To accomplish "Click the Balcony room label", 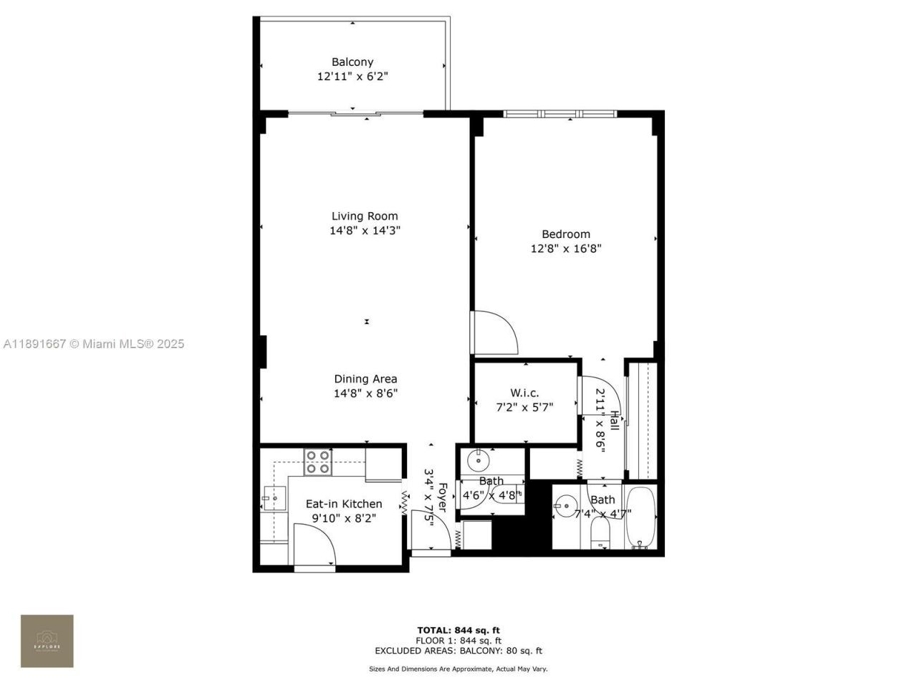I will point(352,62).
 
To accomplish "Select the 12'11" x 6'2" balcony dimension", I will point(352,76).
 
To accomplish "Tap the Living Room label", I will point(365,216).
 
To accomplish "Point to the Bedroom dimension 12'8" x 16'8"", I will point(565,249).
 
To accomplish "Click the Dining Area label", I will point(365,379).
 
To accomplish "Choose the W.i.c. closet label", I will point(524,393).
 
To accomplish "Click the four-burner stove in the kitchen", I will point(317,462).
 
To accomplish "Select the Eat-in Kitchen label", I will point(344,504).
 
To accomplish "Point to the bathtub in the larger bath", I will point(640,518).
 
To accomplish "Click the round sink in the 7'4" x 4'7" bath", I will point(566,507).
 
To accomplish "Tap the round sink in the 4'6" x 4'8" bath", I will point(476,459).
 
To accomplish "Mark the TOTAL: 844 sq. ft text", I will point(458,631).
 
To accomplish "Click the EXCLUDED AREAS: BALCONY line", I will point(458,651).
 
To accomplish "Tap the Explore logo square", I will point(47,641).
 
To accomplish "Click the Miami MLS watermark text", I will point(94,344).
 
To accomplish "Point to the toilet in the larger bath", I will point(600,530).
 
